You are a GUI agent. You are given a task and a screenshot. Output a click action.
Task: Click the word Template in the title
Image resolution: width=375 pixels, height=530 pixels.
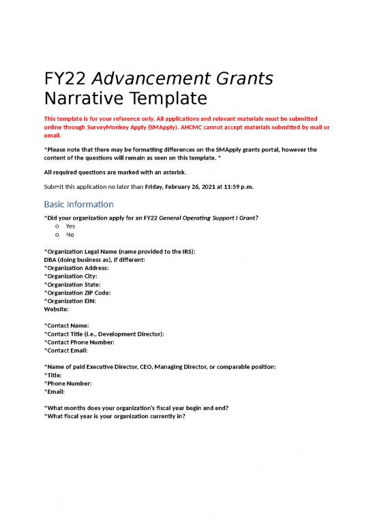coord(156,99)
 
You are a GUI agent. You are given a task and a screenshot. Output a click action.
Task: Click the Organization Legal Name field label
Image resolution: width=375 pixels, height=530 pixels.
coord(119,252)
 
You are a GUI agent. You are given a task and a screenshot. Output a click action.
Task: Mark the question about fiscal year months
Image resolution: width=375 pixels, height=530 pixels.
coord(136,408)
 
